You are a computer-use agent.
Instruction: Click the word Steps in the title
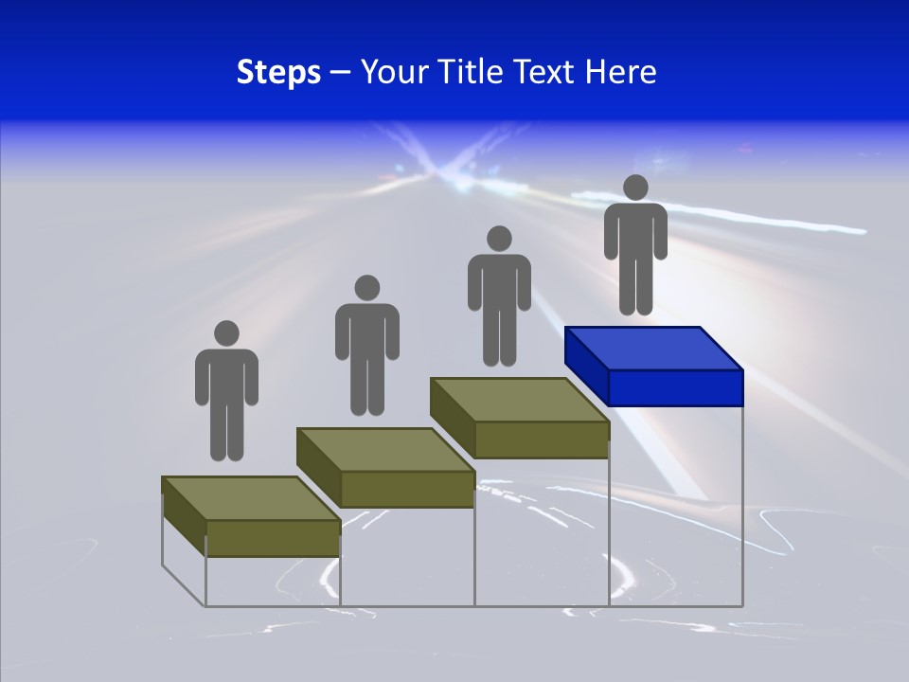click(278, 72)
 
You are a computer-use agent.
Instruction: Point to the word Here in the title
click(620, 72)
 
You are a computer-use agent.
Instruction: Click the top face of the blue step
click(653, 349)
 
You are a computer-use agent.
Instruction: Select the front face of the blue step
click(674, 387)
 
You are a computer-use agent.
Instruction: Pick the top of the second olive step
click(384, 449)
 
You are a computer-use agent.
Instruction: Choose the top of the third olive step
click(519, 400)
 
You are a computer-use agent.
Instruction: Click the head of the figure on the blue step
click(635, 188)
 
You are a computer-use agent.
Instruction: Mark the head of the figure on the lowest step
click(226, 333)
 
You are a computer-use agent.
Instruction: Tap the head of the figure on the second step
click(366, 288)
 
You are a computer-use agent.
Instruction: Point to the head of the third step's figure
click(498, 238)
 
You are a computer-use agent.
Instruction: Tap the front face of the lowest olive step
click(273, 538)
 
